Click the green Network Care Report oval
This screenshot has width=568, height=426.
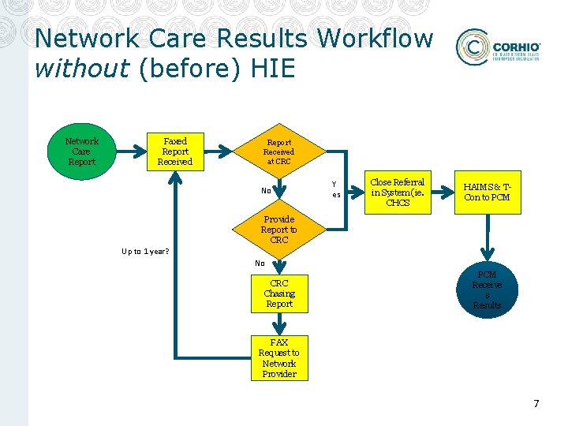(82, 151)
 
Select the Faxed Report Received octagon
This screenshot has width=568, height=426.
(174, 151)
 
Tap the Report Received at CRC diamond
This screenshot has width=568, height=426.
(278, 151)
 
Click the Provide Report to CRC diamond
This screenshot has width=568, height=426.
(278, 230)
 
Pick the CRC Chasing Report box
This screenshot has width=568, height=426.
(279, 293)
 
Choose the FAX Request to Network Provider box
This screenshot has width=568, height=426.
(279, 358)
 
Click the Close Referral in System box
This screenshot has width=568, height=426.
(398, 192)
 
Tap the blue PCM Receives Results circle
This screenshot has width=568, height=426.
(487, 290)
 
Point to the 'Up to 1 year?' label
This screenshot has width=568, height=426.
(145, 252)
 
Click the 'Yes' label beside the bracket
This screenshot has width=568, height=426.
(336, 189)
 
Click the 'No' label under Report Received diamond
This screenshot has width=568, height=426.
(266, 190)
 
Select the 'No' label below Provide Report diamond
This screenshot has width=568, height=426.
(260, 263)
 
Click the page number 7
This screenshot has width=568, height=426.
(536, 404)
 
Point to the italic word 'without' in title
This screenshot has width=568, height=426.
(82, 69)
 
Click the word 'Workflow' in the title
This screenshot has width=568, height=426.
(375, 38)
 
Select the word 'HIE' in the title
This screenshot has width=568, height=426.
(272, 69)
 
